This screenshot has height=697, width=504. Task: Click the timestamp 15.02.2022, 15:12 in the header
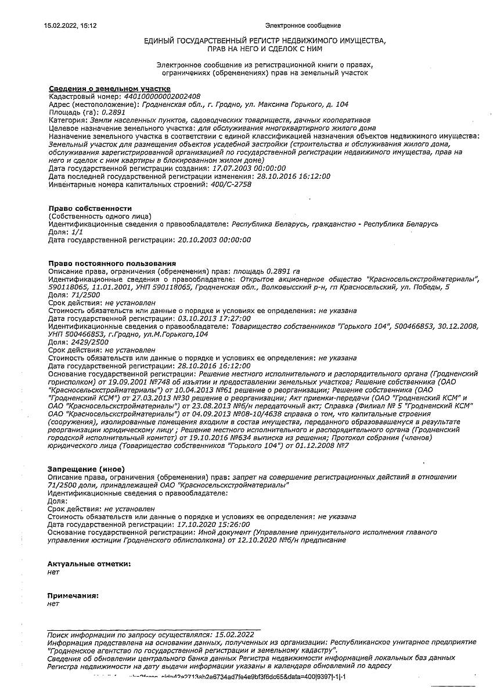point(70,26)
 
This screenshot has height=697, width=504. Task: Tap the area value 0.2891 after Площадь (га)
point(113,112)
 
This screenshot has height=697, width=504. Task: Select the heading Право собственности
point(90,208)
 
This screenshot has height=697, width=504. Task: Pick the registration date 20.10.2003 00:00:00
point(214,239)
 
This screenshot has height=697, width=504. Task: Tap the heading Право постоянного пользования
point(111,263)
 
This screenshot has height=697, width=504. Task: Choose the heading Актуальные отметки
point(89,563)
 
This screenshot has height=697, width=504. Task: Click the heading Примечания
point(73,595)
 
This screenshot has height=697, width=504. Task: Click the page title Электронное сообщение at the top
point(303,26)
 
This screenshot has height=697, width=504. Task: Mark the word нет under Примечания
point(54,603)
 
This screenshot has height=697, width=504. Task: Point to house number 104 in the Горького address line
point(341,105)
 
